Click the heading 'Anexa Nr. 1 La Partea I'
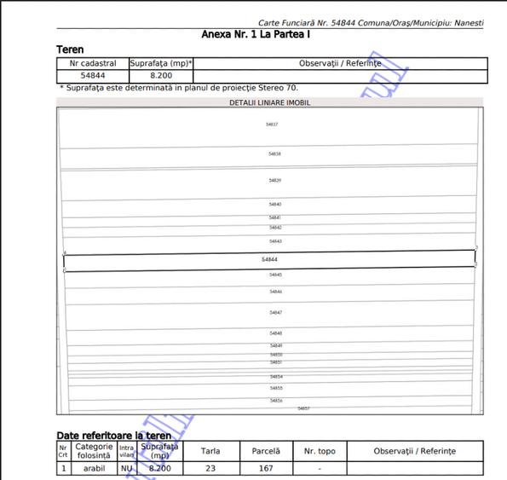coord(256,35)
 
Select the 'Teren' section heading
coord(70,50)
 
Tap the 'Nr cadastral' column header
coord(92,63)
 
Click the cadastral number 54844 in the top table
coord(92,75)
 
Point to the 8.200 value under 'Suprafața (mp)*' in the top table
coord(161,75)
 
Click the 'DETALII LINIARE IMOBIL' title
coord(269,102)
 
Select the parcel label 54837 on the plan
coord(272,124)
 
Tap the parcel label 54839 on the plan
coord(274,181)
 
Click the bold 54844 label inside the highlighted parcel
coord(269,259)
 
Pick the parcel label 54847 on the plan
coord(275,313)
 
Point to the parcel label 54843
coord(275,241)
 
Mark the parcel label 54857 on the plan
coord(303,408)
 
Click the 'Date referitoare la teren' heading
coord(113,436)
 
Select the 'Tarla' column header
coord(210,450)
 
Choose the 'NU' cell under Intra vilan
coord(126,468)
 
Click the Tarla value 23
coord(210,468)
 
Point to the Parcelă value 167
coord(266,468)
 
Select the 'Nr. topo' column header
coord(320,450)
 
